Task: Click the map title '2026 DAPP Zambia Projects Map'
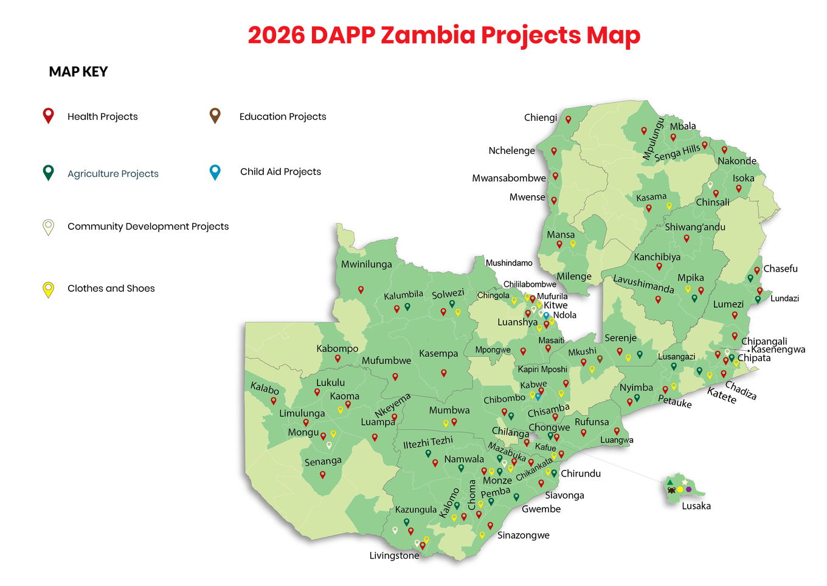(444, 35)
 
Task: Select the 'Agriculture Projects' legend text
(113, 174)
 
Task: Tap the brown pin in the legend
(215, 115)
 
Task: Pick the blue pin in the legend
(215, 172)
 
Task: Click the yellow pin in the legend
(48, 289)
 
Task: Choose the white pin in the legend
(48, 227)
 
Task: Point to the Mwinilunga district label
(366, 264)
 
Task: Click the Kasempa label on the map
(438, 354)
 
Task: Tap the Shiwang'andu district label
(695, 227)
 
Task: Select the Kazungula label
(416, 509)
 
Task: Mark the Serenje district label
(620, 338)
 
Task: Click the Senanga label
(323, 461)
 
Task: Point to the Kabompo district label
(337, 348)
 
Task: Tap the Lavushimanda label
(643, 284)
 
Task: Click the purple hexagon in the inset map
(689, 489)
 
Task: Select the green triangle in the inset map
(670, 482)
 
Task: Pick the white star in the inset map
(685, 482)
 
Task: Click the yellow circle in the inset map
(680, 489)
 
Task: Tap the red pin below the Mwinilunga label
(361, 289)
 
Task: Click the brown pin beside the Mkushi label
(600, 359)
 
